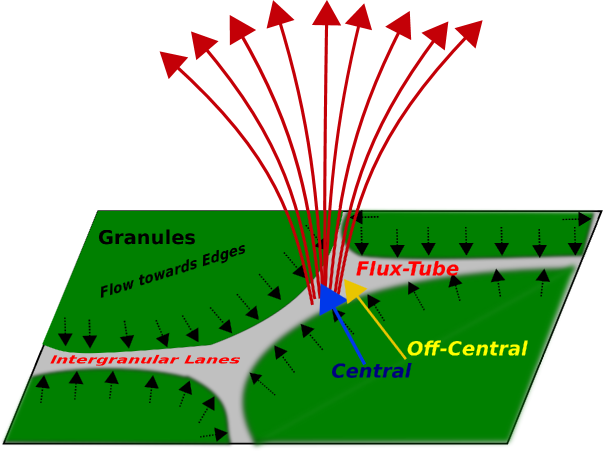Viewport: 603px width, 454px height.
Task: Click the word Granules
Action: click(x=146, y=238)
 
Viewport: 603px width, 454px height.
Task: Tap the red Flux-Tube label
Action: click(x=407, y=269)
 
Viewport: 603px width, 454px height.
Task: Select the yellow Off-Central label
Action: click(x=466, y=349)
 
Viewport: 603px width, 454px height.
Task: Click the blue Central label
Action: click(x=371, y=371)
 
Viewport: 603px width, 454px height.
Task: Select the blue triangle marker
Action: click(x=330, y=299)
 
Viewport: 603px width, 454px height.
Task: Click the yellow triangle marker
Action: click(x=354, y=290)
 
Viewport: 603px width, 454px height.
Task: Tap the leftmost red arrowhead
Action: click(x=174, y=63)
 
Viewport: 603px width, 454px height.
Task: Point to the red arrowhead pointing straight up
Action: click(x=326, y=13)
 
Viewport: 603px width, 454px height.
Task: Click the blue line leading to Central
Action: click(x=349, y=335)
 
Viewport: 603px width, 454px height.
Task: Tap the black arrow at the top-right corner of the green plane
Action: click(x=577, y=217)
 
